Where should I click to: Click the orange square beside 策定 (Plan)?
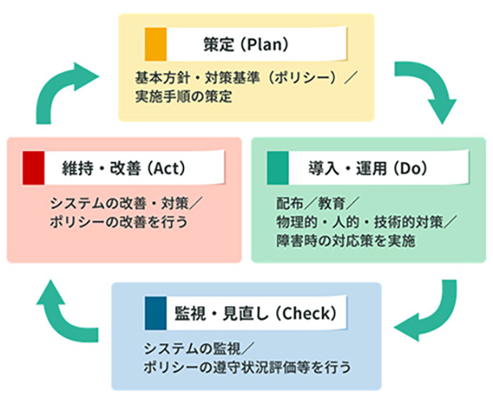pyautogui.click(x=156, y=40)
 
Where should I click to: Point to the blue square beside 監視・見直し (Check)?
pyautogui.click(x=155, y=312)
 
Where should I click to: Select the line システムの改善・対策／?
pyautogui.click(x=120, y=204)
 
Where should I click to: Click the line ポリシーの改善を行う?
pyautogui.click(x=119, y=222)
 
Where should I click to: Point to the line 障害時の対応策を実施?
pyautogui.click(x=345, y=241)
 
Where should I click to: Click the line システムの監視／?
pyautogui.click(x=189, y=347)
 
